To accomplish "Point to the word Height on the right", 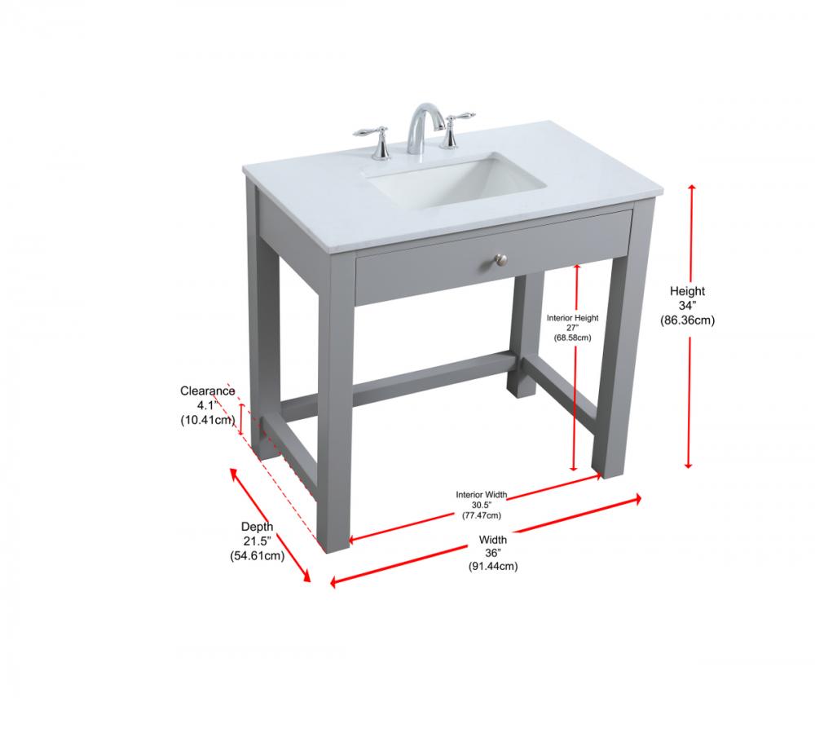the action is tap(687, 291).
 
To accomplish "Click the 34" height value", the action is tap(687, 306).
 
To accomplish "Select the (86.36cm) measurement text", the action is tap(687, 320).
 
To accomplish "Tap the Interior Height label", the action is tap(572, 318).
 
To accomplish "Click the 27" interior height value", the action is tap(572, 328).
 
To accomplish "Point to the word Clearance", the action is tap(207, 391).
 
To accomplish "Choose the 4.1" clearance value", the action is tap(207, 405).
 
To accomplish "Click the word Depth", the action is tap(257, 527).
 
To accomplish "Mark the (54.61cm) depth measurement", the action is tap(257, 556).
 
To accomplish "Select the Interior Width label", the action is tap(482, 494).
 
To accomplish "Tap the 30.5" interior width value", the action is tap(482, 505).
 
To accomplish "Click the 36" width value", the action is tap(493, 553).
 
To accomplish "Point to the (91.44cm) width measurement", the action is tap(493, 566).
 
